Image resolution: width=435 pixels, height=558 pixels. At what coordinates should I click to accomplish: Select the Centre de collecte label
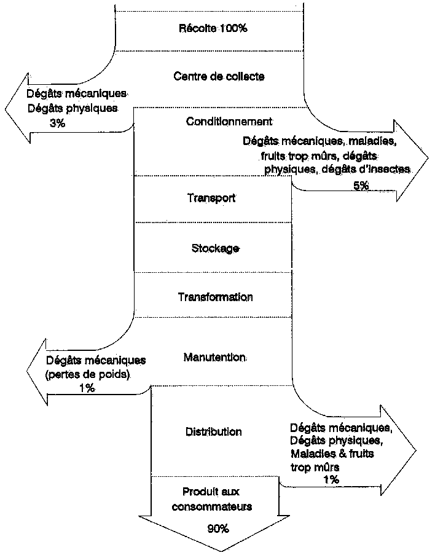[x=219, y=76]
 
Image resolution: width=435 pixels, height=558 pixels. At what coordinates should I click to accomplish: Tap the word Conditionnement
[x=229, y=121]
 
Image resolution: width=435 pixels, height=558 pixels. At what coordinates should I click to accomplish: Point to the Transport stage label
[x=211, y=198]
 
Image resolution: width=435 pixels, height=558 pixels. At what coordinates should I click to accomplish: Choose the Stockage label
[x=215, y=248]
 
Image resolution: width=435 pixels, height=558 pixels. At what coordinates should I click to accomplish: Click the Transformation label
[x=215, y=297]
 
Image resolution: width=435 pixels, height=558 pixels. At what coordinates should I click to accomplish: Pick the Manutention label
[x=214, y=356]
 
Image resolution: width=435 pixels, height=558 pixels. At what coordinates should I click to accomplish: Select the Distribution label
[x=213, y=431]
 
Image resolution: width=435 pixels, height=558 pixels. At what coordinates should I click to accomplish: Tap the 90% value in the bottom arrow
[x=217, y=528]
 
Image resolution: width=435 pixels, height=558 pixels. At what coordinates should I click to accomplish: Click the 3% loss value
[x=57, y=123]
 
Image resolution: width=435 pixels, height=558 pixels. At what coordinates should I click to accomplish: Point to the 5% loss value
[x=361, y=186]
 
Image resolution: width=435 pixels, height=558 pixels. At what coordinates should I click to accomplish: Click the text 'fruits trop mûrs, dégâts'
[x=319, y=155]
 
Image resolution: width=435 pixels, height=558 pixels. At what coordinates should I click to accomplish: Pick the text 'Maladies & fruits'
[x=332, y=454]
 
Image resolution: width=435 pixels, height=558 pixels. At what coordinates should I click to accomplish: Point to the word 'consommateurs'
[x=211, y=507]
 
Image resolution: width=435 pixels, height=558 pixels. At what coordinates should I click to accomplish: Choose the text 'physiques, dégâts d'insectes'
[x=337, y=168]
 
